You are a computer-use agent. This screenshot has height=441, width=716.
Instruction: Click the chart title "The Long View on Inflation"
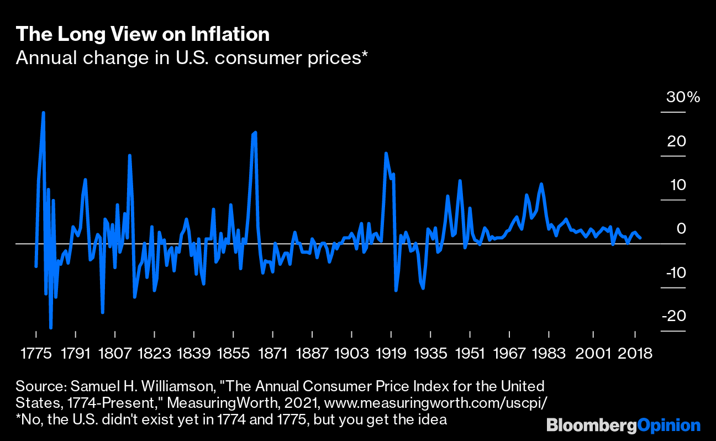143,34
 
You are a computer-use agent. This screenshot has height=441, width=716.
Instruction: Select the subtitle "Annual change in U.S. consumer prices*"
192,57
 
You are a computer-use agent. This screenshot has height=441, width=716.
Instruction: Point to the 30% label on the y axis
683,98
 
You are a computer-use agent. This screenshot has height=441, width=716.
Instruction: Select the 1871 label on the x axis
273,354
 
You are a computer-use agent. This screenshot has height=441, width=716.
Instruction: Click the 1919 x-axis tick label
391,354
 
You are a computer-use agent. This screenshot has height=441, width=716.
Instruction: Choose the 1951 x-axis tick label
470,354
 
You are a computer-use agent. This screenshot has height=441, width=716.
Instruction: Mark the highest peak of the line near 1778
43,113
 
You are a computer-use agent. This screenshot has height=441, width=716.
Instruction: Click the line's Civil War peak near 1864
255,133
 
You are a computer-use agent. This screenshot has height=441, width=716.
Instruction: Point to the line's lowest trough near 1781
51,328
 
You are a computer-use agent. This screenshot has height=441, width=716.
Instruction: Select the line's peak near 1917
386,153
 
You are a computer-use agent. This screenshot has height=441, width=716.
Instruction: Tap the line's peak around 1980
541,184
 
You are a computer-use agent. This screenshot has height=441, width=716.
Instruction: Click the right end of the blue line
640,238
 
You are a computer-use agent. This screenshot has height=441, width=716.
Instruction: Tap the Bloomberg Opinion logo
623,426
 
